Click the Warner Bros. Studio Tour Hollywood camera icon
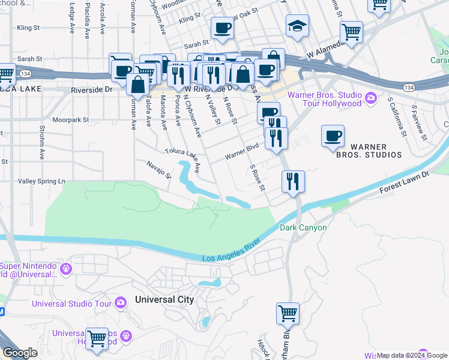tap(371, 97)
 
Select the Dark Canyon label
tap(303, 228)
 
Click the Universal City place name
tap(164, 299)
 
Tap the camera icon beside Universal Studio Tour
tap(120, 303)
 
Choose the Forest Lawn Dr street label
tap(405, 184)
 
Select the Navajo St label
tap(160, 169)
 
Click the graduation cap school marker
tap(296, 26)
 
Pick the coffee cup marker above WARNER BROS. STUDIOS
tap(333, 136)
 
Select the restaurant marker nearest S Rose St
tap(292, 181)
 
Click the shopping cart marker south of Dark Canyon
tap(288, 313)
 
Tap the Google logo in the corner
tap(20, 353)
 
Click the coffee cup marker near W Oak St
tap(222, 28)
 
